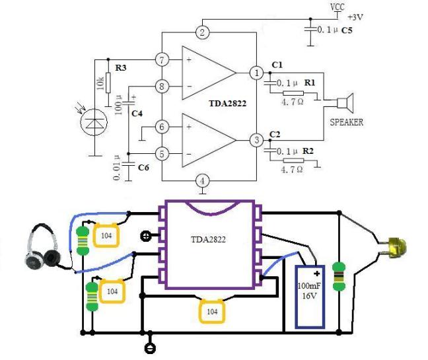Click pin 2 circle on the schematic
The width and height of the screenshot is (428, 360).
click(x=202, y=32)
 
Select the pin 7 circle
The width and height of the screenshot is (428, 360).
click(x=162, y=59)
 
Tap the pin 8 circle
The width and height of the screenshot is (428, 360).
click(x=162, y=87)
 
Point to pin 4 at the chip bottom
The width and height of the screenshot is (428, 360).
click(x=202, y=181)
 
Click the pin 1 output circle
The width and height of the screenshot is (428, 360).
click(x=256, y=73)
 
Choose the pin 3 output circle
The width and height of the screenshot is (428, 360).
click(x=256, y=140)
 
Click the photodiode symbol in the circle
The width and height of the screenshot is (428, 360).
click(x=94, y=122)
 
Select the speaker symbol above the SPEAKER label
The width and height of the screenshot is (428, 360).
click(x=345, y=103)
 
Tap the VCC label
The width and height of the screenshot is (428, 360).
click(x=338, y=7)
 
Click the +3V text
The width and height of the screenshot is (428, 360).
click(x=355, y=17)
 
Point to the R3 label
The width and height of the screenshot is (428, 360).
click(x=120, y=67)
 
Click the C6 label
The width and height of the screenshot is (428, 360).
click(x=143, y=167)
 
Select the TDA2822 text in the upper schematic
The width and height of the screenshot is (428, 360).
click(x=228, y=104)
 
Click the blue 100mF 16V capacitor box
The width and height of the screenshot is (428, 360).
click(x=310, y=297)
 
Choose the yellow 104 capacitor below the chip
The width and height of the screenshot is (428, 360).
click(x=212, y=311)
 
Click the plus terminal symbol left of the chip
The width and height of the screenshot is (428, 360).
click(x=145, y=235)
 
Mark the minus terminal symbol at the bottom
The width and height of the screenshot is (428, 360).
click(x=150, y=348)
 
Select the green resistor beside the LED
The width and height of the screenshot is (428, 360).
click(x=339, y=276)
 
